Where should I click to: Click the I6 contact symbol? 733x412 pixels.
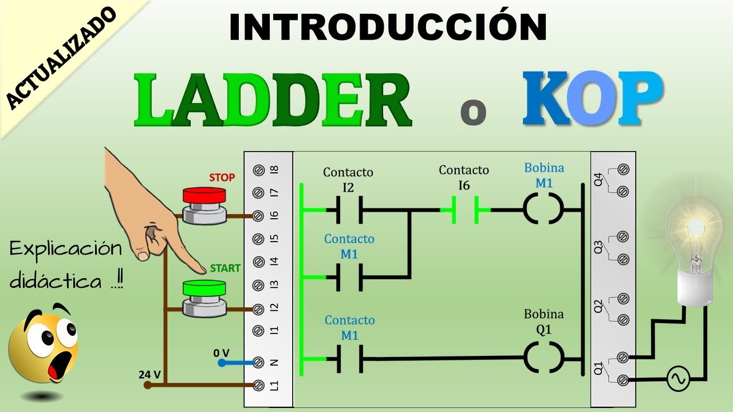465,210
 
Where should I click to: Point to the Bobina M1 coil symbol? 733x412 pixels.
543,210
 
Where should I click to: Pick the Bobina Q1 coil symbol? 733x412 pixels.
543,359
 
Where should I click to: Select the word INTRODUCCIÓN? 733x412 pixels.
388,27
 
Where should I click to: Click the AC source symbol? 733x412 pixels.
679,379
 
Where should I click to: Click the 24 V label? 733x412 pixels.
150,375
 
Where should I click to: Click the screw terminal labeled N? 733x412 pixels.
258,362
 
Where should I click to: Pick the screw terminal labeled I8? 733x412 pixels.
258,170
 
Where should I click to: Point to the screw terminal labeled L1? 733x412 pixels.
258,385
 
